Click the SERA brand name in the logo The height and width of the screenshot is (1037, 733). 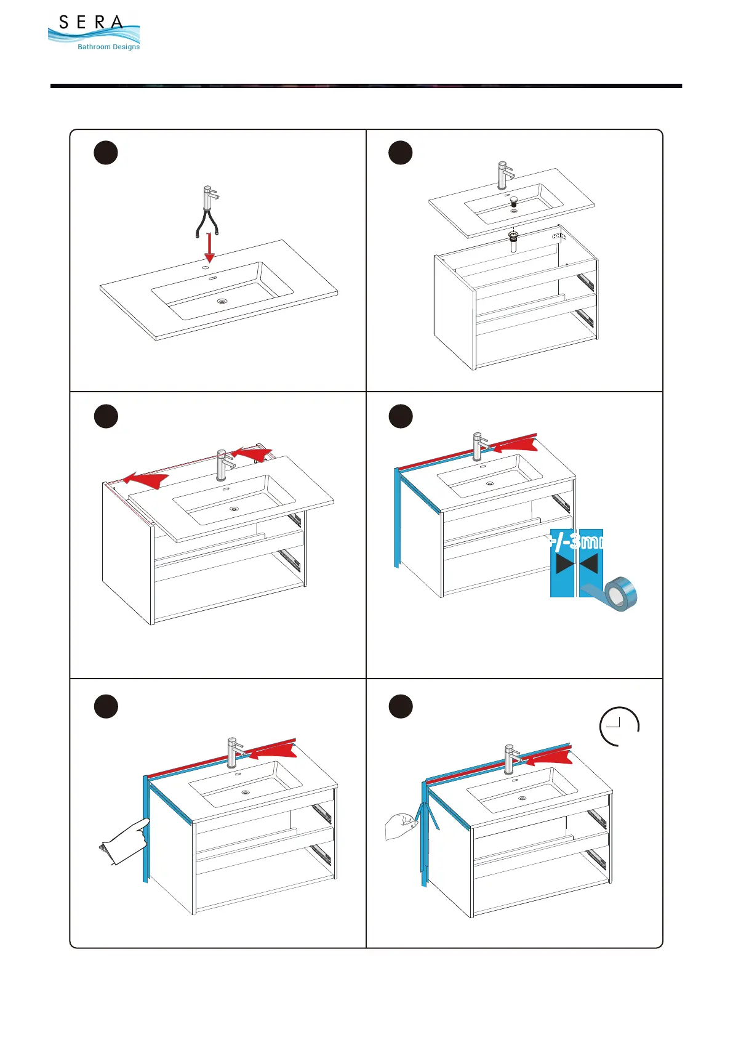pos(91,23)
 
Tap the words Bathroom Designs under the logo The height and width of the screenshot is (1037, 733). pos(108,47)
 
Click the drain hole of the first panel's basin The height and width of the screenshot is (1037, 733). pos(222,301)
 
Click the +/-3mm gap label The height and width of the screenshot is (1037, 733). pos(576,542)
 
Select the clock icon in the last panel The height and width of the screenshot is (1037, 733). pos(619,727)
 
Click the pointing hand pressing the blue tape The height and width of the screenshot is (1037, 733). pos(125,843)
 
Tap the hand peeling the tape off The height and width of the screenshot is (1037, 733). pos(401,825)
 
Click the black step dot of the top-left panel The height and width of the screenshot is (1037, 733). pos(106,153)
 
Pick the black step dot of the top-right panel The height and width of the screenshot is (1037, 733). pos(401,153)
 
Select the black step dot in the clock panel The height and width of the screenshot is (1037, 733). pos(401,706)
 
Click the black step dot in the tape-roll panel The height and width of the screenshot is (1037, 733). pos(401,416)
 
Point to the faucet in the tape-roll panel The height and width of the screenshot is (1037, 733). pos(479,446)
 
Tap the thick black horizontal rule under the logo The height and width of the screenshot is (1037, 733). pos(366,86)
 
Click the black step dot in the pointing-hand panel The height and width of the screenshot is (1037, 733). pos(106,706)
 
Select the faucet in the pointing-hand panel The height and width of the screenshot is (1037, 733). pos(233,753)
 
